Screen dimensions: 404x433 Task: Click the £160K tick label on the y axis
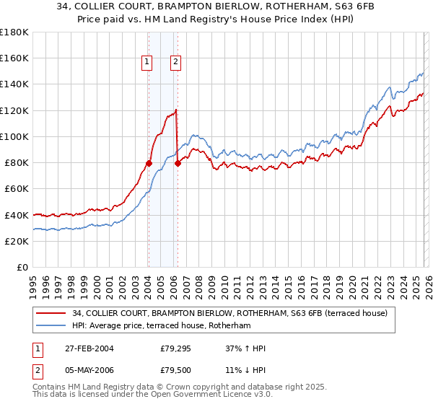tap(14, 58)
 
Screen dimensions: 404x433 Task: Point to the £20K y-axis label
tap(16, 241)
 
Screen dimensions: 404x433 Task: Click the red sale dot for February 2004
tap(149, 163)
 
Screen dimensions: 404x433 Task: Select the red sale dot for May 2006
tap(178, 163)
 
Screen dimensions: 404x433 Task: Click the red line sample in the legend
tap(51, 312)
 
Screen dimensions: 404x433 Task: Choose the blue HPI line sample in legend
tap(51, 325)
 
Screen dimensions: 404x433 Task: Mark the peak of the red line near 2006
tap(176, 109)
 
